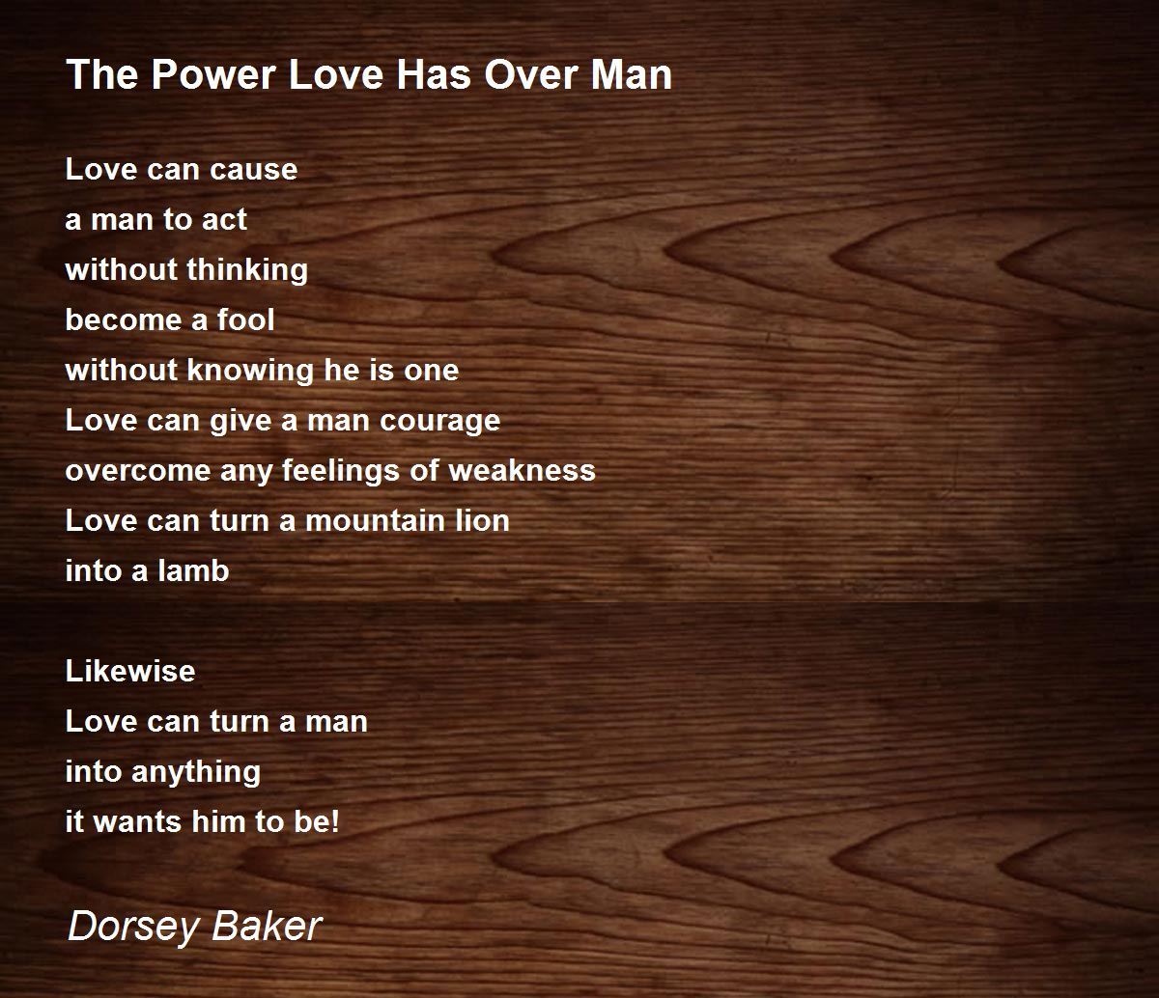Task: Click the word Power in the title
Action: (213, 74)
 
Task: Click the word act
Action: (224, 220)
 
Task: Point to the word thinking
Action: (247, 270)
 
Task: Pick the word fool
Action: (245, 320)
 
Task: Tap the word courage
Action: (440, 422)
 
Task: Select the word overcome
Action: (138, 471)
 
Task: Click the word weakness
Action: (522, 471)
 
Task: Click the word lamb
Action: (193, 571)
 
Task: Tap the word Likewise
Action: (130, 671)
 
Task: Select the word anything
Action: (196, 773)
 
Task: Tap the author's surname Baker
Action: (267, 926)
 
